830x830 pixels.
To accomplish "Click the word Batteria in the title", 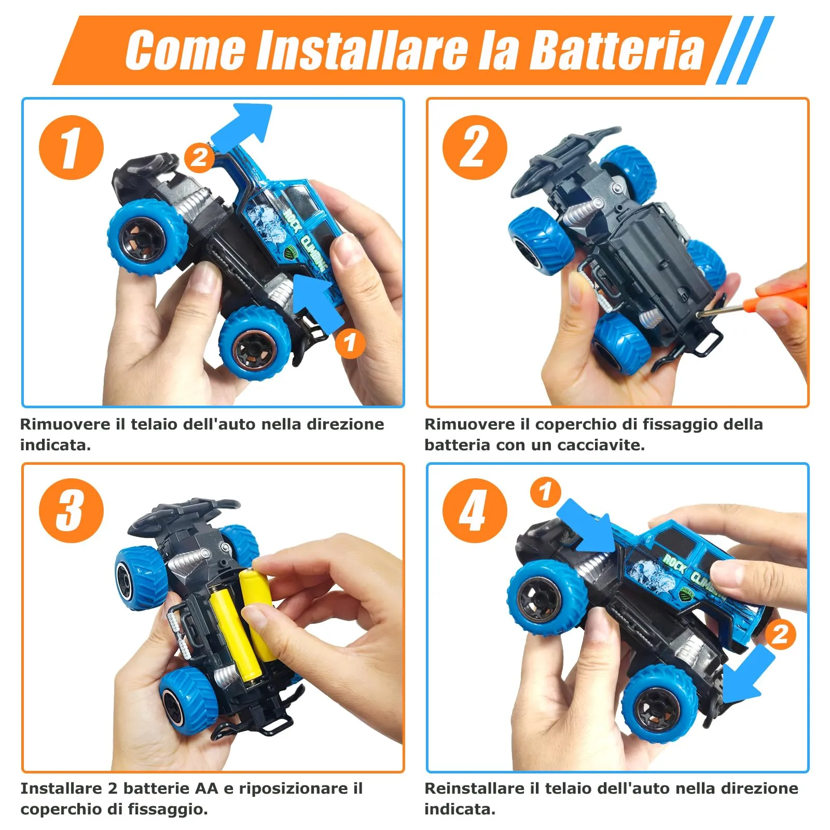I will (617, 50).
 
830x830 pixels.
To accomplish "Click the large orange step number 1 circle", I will (71, 147).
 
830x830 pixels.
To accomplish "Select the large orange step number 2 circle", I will (474, 147).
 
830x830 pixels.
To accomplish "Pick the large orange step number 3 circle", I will (71, 510).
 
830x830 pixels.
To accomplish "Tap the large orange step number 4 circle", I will (474, 510).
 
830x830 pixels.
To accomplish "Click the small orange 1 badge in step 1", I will (350, 343).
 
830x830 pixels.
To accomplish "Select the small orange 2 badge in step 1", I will (199, 157).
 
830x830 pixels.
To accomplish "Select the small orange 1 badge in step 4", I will (545, 492).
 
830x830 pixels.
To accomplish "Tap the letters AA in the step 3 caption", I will (206, 789).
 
